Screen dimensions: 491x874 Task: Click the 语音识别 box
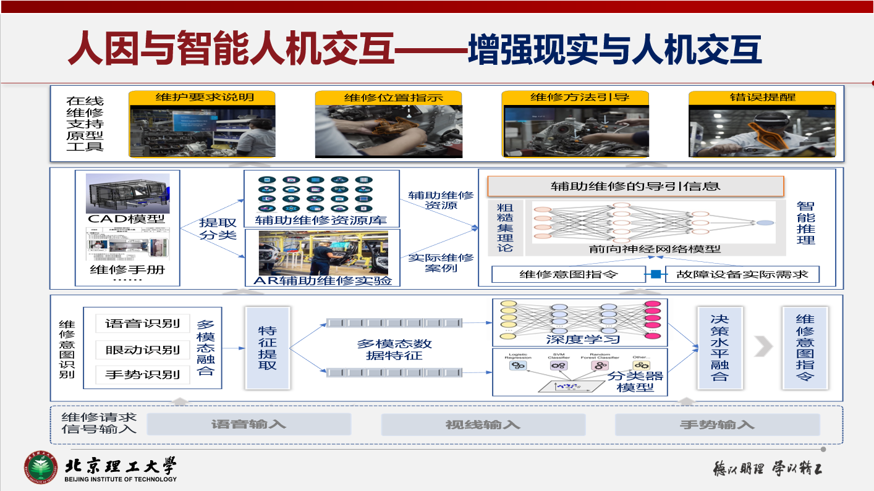[x=142, y=324]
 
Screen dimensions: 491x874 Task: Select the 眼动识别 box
[x=142, y=350]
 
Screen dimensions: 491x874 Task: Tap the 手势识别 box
[x=142, y=374]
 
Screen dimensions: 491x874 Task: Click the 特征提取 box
[x=268, y=348]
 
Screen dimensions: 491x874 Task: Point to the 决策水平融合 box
[x=719, y=348]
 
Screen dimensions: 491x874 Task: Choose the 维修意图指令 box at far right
[x=805, y=348]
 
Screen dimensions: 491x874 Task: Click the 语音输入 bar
[x=248, y=424]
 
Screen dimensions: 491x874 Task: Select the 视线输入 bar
[x=483, y=424]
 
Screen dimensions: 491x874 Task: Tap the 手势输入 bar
[x=717, y=424]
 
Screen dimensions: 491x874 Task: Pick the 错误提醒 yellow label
[x=762, y=98]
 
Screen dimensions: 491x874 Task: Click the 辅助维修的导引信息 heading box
[x=635, y=186]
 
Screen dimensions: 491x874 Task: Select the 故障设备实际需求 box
[x=742, y=274]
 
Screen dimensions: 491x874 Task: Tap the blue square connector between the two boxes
[x=656, y=274]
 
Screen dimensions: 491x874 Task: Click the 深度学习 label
[x=583, y=339]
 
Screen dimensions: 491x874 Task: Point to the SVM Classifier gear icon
[x=558, y=366]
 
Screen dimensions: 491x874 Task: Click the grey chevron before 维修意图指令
[x=764, y=347]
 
